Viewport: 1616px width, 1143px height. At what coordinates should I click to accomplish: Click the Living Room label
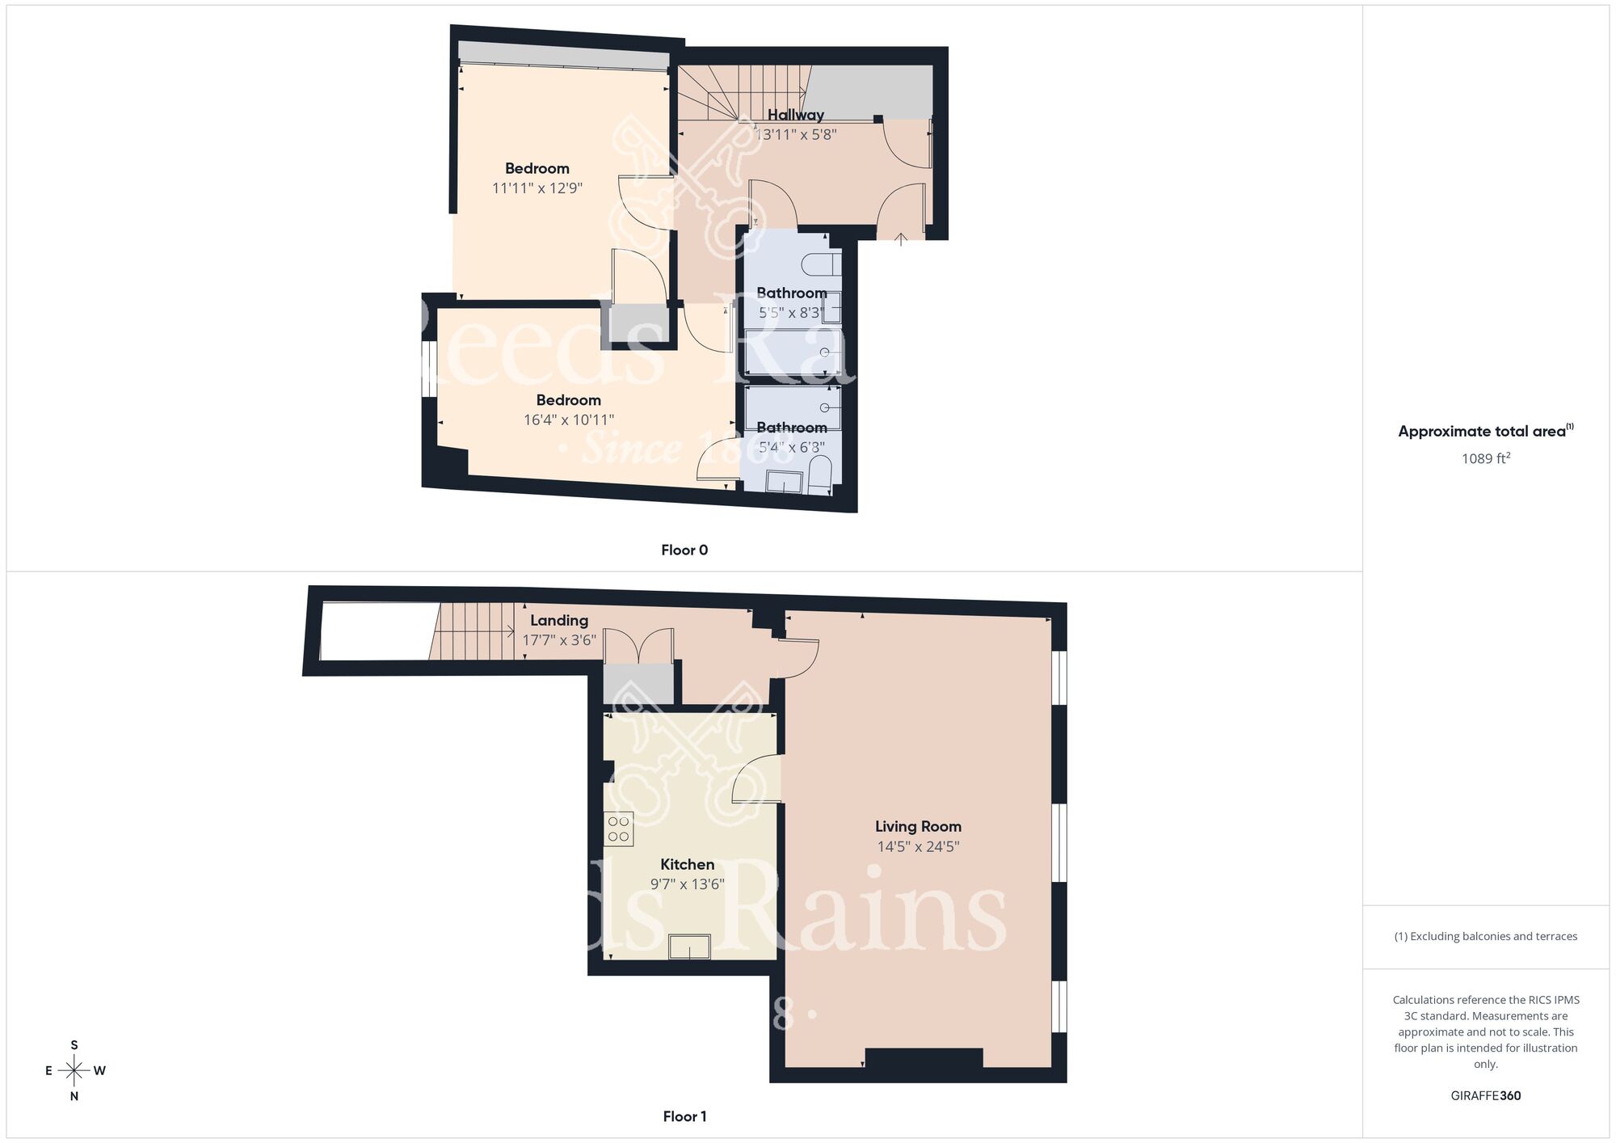[x=918, y=826]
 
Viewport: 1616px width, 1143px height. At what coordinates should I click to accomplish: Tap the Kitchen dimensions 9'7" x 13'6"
[x=687, y=884]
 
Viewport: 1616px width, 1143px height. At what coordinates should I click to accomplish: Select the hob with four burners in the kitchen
[x=619, y=829]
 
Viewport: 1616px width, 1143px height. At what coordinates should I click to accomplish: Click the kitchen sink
[x=689, y=947]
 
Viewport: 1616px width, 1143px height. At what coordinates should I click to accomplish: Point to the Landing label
[x=559, y=620]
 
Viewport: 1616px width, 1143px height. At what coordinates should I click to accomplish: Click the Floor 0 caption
[x=684, y=550]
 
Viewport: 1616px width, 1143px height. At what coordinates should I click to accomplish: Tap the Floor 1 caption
[x=684, y=1116]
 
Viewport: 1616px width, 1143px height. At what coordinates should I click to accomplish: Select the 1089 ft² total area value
[x=1485, y=458]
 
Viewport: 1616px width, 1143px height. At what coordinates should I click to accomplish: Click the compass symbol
[x=74, y=1071]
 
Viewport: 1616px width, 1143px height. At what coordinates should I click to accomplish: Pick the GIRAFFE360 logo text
[x=1485, y=1096]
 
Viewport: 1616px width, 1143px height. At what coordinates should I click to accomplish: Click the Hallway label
[x=796, y=115]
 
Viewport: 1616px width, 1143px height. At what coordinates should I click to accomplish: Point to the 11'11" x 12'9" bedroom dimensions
[x=537, y=188]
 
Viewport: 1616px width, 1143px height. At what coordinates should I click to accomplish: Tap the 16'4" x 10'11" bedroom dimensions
[x=569, y=420]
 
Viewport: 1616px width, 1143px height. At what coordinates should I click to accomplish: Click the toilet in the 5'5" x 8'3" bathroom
[x=823, y=264]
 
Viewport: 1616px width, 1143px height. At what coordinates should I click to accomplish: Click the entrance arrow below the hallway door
[x=902, y=238]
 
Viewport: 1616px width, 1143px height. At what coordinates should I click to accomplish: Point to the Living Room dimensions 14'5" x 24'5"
[x=918, y=846]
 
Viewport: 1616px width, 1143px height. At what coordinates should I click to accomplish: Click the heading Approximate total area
[x=1485, y=431]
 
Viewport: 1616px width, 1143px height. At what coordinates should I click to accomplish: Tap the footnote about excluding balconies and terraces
[x=1485, y=936]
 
